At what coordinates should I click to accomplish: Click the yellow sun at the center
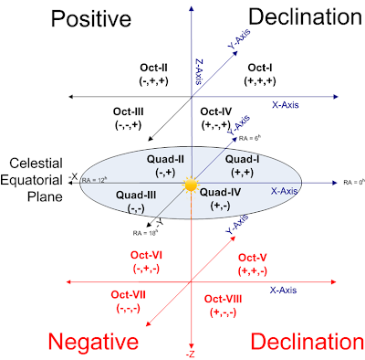190,185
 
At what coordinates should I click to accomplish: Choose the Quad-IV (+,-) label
218,199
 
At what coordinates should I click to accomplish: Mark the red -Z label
190,353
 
